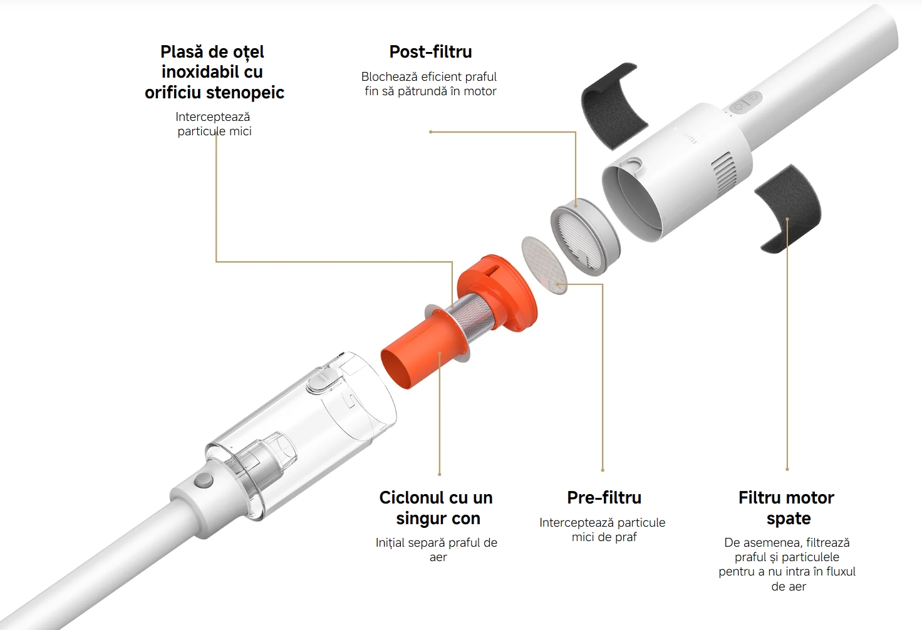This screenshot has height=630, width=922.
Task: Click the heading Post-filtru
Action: click(430, 52)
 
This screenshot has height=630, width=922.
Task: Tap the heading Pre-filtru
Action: click(604, 497)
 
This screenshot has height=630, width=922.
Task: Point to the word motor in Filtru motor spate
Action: click(809, 498)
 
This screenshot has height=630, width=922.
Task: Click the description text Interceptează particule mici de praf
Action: click(602, 530)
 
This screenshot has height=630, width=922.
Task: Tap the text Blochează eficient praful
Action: click(429, 77)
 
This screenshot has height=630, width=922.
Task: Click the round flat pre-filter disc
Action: click(544, 265)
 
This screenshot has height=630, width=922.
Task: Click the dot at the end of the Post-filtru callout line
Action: click(430, 132)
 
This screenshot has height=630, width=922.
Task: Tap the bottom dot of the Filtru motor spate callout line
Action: click(787, 469)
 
